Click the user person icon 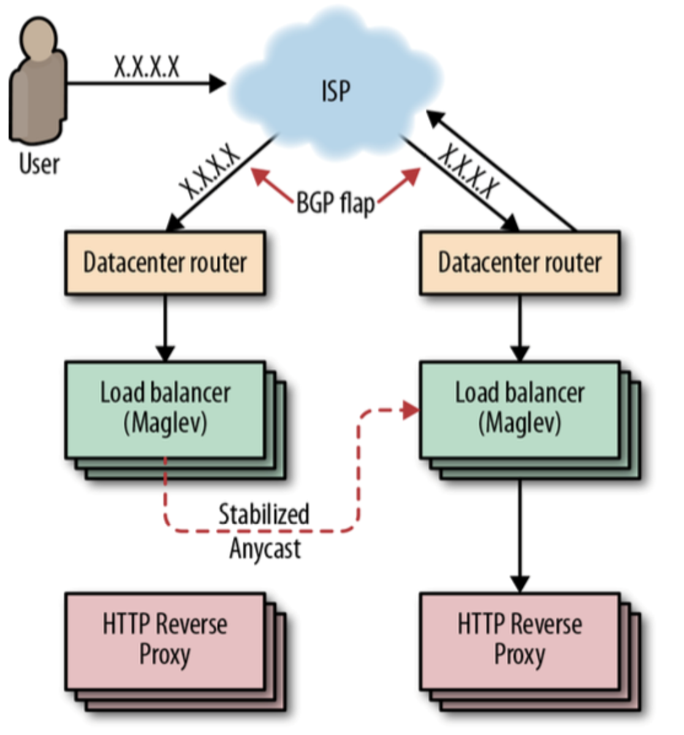click(38, 83)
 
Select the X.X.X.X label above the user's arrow click(146, 67)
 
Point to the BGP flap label click(335, 202)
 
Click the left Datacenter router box click(165, 263)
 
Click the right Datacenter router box click(520, 263)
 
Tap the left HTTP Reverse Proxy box click(165, 640)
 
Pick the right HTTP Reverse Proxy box click(520, 640)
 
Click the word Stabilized click(264, 514)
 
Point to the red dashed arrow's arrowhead click(411, 410)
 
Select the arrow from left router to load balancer click(165, 328)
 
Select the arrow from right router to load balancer click(520, 328)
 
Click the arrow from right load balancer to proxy click(520, 533)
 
